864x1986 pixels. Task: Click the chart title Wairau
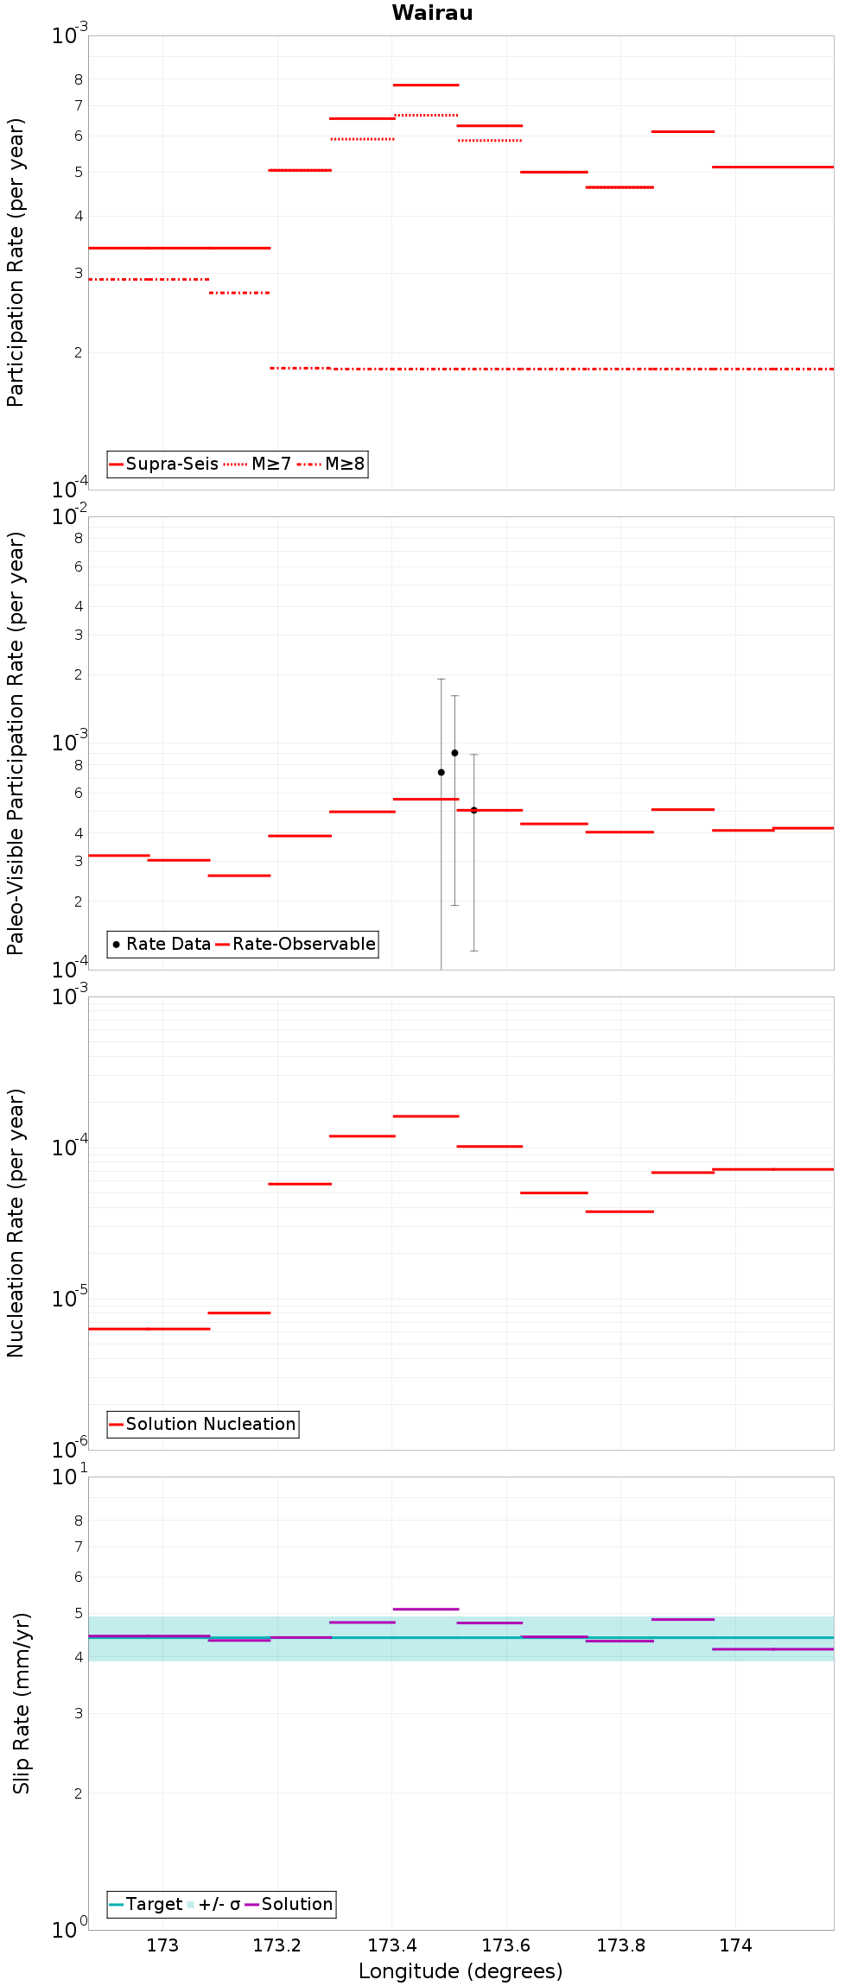pyautogui.click(x=432, y=13)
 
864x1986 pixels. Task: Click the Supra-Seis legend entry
pyautogui.click(x=164, y=464)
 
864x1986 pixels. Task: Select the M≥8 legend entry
pyautogui.click(x=332, y=464)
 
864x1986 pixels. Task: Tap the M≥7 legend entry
pyautogui.click(x=258, y=464)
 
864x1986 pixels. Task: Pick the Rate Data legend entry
pyautogui.click(x=162, y=944)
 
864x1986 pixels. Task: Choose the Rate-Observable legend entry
pyautogui.click(x=296, y=944)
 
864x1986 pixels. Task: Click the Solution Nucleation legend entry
pyautogui.click(x=203, y=1424)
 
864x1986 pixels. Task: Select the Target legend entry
pyautogui.click(x=146, y=1904)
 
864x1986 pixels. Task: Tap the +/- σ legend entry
pyautogui.click(x=214, y=1904)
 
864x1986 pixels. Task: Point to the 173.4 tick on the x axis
pyautogui.click(x=391, y=1945)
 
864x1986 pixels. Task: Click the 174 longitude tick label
pyautogui.click(x=735, y=1945)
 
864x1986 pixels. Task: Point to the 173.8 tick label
pyautogui.click(x=620, y=1945)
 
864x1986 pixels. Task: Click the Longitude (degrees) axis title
pyautogui.click(x=461, y=1971)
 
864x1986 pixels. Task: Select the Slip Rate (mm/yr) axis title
pyautogui.click(x=21, y=1703)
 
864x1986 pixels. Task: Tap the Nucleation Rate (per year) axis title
pyautogui.click(x=16, y=1223)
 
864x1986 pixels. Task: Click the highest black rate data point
pyautogui.click(x=454, y=753)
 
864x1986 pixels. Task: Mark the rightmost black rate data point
pyautogui.click(x=473, y=810)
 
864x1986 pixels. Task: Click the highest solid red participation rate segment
pyautogui.click(x=426, y=85)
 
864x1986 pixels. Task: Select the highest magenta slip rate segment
pyautogui.click(x=426, y=1609)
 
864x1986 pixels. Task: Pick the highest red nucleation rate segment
pyautogui.click(x=426, y=1116)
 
